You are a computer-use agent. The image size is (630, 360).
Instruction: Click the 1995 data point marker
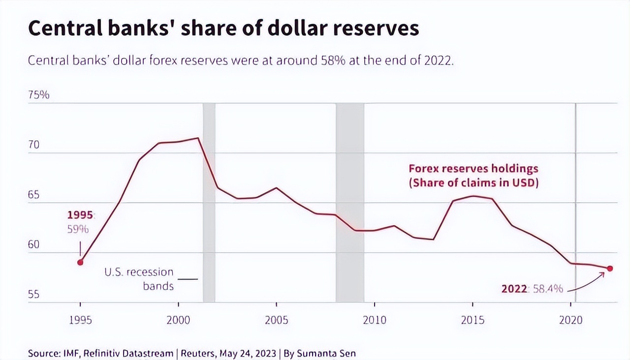80,262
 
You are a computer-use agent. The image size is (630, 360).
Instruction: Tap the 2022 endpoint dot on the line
610,268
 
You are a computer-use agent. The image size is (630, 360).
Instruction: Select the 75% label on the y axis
39,95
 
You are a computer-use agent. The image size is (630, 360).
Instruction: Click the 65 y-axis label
33,195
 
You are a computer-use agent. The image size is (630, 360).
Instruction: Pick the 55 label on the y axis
33,295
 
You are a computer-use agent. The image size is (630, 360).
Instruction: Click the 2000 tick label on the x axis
178,320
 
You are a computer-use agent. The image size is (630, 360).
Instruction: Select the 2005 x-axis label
276,320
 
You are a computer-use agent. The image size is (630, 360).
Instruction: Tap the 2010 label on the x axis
375,320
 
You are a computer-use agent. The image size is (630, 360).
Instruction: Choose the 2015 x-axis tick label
472,320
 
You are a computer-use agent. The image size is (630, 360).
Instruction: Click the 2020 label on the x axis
571,320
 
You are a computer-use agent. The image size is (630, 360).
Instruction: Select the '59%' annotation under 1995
78,229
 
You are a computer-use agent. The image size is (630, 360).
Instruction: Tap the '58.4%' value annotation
548,289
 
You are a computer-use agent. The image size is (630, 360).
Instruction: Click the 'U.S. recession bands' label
139,279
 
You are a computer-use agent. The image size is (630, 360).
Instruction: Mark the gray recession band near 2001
209,202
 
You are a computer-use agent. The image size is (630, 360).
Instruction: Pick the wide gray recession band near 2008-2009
350,202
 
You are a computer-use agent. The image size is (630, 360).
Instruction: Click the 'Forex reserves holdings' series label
473,169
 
